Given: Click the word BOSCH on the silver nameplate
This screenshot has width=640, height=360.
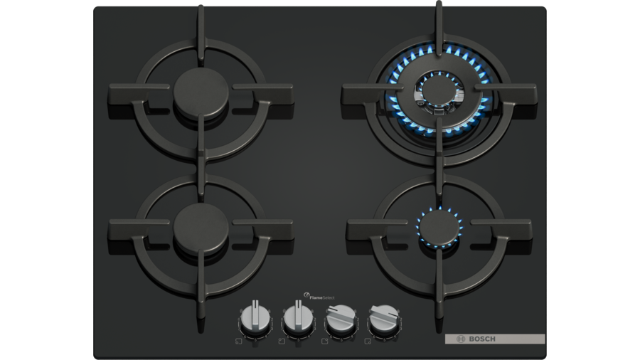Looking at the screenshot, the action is point(482,339).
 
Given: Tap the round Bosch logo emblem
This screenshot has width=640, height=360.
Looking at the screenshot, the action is point(461,339).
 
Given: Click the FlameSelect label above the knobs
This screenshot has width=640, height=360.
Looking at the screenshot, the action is point(319,297).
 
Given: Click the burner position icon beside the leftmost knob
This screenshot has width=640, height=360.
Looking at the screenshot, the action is point(238,341).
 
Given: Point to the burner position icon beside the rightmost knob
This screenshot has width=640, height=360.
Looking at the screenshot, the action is point(368,341).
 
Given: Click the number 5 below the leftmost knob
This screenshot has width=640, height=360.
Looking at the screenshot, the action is point(255,339).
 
